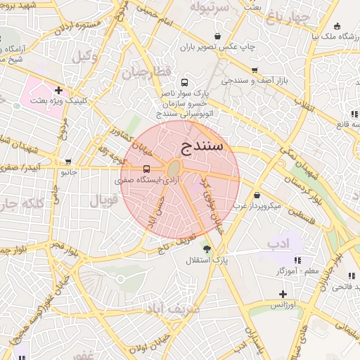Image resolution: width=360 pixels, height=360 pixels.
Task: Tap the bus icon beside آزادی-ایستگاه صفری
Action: (x=146, y=169)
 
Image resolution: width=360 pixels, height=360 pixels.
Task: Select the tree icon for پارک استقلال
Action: (x=206, y=249)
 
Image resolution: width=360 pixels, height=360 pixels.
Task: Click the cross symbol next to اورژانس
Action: (x=283, y=294)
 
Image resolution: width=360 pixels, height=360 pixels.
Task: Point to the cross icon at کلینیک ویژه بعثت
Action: (x=58, y=90)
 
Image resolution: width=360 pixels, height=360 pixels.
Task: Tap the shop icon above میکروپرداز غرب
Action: (x=257, y=195)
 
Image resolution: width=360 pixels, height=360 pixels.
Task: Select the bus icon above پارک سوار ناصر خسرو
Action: (x=184, y=82)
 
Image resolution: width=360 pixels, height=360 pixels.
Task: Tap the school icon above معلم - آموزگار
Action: (x=297, y=259)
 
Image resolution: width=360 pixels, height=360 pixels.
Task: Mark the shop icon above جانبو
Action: (x=67, y=161)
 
